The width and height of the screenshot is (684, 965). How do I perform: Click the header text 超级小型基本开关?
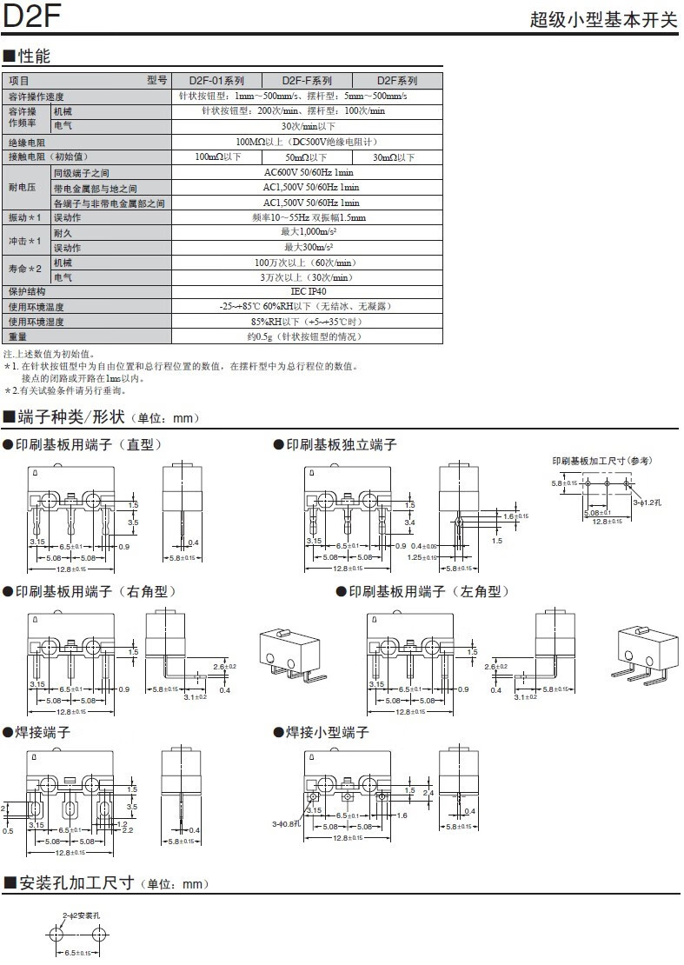[603, 20]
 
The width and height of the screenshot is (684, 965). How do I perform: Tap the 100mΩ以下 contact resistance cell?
[217, 157]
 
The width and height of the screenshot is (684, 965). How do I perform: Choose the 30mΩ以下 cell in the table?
[394, 157]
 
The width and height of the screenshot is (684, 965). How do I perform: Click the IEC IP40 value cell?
[308, 292]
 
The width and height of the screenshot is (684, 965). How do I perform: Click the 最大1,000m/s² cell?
[309, 232]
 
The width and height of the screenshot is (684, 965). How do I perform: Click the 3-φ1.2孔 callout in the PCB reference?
[647, 502]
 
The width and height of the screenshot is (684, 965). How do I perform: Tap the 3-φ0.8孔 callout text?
[285, 822]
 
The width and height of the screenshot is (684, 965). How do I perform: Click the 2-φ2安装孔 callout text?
[82, 915]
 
